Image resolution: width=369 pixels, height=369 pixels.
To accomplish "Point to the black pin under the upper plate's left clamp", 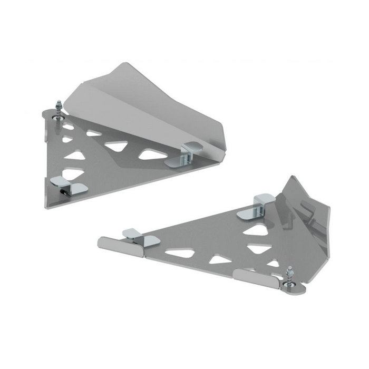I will (63, 193).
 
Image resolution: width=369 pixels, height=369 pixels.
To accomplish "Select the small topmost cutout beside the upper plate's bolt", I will (68, 127).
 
